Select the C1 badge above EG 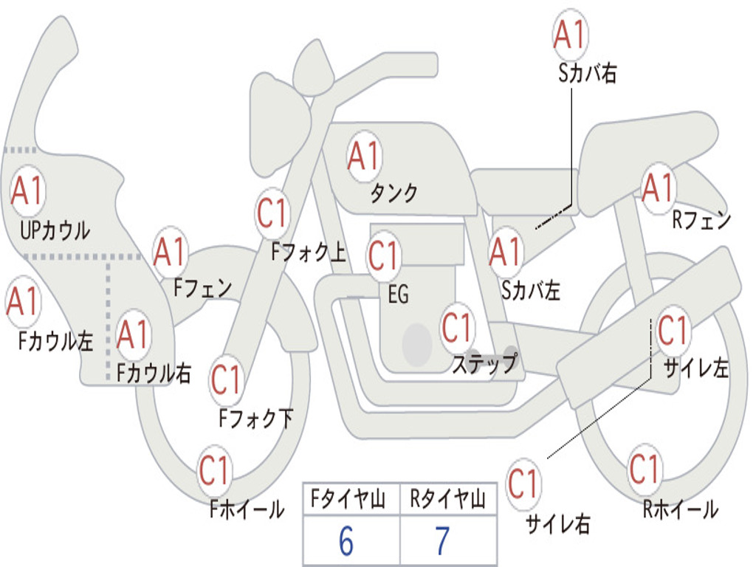coord(384,255)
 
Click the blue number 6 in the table coord(346,542)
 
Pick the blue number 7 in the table coord(442,542)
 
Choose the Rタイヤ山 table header coord(447,501)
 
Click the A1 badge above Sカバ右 coord(569,35)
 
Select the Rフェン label coord(701,220)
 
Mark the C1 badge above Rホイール coord(644,468)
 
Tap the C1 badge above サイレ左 coord(672,330)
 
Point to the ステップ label coord(485,364)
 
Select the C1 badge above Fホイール coord(215,471)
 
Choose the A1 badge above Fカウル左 coord(24,302)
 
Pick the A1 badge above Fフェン coord(171,252)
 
